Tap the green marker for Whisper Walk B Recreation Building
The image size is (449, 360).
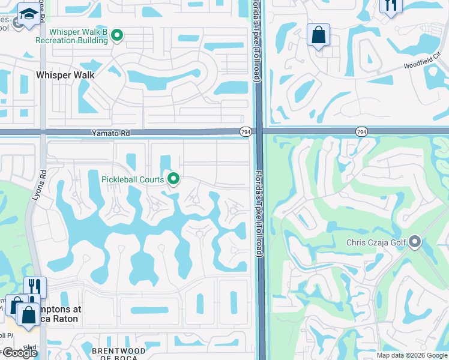(x=118, y=36)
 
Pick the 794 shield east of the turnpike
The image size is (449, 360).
(x=361, y=131)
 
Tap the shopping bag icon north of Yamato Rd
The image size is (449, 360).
(x=319, y=35)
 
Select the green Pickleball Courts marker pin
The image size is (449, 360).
(x=174, y=178)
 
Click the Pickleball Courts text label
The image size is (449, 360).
(x=128, y=178)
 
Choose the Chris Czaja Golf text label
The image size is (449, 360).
(x=376, y=243)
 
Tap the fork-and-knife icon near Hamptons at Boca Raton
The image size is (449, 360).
(x=35, y=287)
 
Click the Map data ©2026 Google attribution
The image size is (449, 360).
(x=412, y=355)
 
